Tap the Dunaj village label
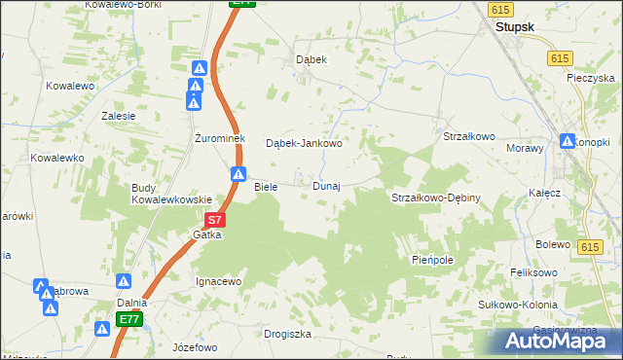pyautogui.click(x=326, y=186)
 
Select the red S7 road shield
pyautogui.click(x=216, y=221)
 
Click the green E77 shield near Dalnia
pyautogui.click(x=129, y=318)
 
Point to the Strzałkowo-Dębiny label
pyautogui.click(x=436, y=198)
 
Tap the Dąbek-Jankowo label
pyautogui.click(x=304, y=143)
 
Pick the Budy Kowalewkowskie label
pyautogui.click(x=171, y=193)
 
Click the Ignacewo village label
pyautogui.click(x=218, y=281)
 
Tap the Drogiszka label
pyautogui.click(x=287, y=334)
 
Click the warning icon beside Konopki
pyautogui.click(x=568, y=141)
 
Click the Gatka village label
pyautogui.click(x=207, y=235)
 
